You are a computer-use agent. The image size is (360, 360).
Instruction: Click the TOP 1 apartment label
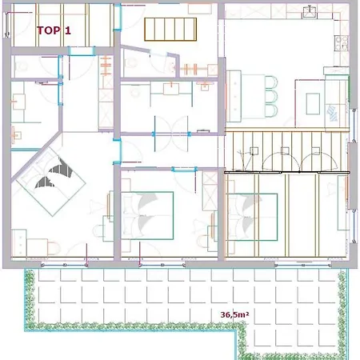click(x=54, y=30)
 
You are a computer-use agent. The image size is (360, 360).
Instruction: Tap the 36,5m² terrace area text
click(x=234, y=314)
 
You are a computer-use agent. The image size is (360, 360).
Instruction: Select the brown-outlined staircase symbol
click(x=170, y=30)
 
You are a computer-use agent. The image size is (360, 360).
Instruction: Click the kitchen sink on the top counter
click(x=310, y=12)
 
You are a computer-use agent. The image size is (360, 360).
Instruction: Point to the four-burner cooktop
click(x=342, y=43)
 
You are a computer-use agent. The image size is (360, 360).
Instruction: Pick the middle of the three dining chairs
click(x=272, y=97)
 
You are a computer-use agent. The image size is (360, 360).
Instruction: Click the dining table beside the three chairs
click(x=254, y=96)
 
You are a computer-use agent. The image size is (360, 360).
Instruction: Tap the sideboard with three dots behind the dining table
click(x=234, y=96)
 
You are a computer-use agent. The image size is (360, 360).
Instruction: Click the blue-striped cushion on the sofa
click(x=332, y=113)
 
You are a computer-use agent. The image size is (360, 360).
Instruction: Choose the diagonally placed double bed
click(x=50, y=182)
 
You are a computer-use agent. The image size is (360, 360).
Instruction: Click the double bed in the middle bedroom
click(x=147, y=215)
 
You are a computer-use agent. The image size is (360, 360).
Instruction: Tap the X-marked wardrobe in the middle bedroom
click(x=210, y=191)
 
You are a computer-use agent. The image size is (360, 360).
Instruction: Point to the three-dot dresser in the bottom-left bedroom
click(x=19, y=244)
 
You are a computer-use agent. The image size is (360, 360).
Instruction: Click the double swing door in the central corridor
click(x=171, y=134)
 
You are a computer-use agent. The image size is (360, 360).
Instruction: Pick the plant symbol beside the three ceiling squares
click(x=244, y=159)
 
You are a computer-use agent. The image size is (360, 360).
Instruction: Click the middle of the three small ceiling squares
click(x=285, y=151)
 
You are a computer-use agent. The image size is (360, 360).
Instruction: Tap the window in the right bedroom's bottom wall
click(x=303, y=265)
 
